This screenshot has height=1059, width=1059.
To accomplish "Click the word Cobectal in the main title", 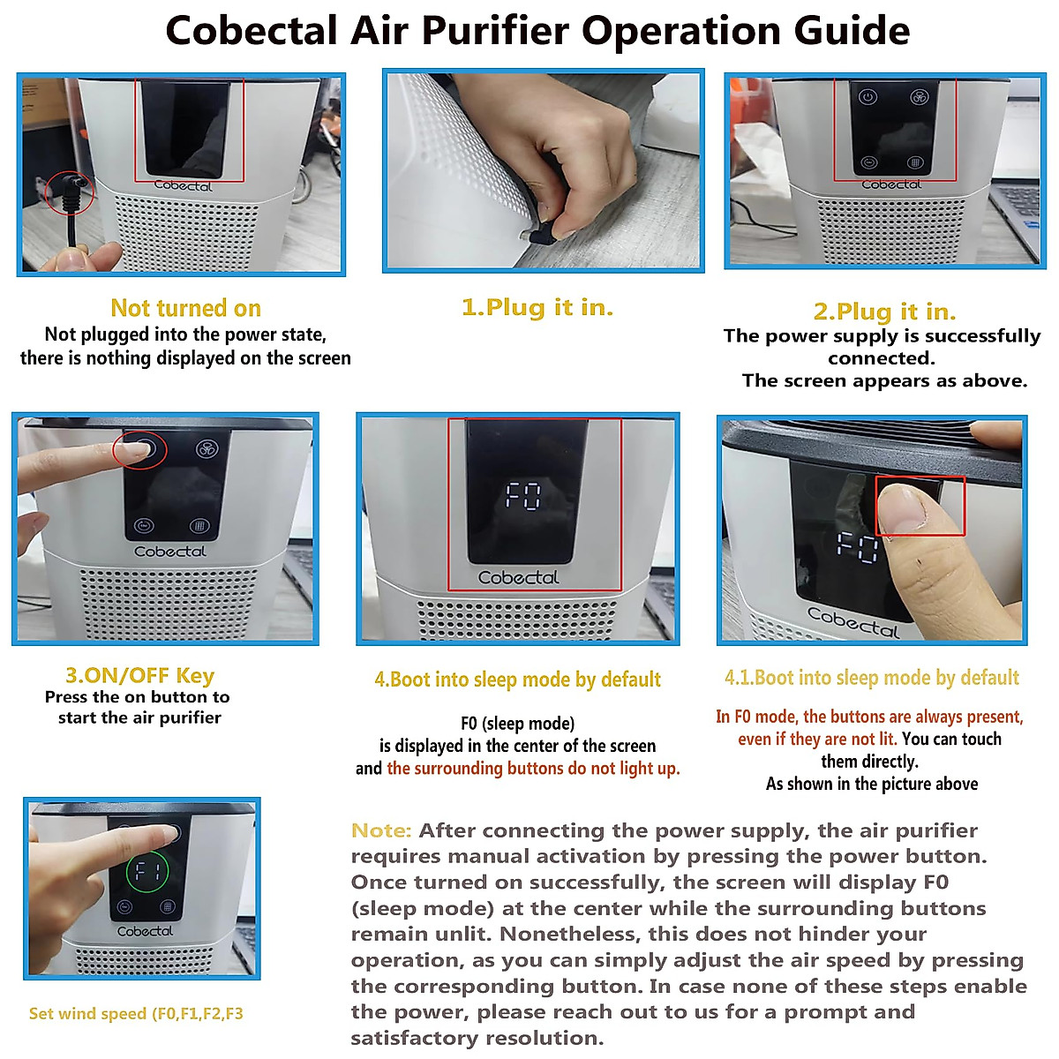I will tap(251, 31).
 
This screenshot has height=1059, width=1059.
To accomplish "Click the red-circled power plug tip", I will tap(70, 191).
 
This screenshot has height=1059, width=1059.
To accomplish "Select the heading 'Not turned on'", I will tap(185, 308).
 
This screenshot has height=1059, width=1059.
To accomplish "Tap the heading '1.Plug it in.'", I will tap(537, 307).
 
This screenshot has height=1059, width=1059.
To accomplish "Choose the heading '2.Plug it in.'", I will tap(884, 312).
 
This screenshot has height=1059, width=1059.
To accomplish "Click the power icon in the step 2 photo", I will tap(867, 97).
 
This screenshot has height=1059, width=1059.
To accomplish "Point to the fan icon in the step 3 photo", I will tap(207, 450).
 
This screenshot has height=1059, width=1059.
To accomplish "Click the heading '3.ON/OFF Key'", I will tap(139, 676).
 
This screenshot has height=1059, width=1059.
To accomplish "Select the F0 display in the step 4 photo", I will tap(522, 496).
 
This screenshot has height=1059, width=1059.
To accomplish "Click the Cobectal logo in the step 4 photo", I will tap(518, 578).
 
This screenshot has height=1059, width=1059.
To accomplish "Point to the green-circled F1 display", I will tap(146, 874).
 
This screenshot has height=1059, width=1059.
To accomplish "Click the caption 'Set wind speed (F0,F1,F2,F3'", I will tap(136, 1014).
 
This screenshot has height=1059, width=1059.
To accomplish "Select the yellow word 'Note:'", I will tap(381, 830).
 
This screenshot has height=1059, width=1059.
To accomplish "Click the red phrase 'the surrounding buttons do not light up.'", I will tap(533, 769).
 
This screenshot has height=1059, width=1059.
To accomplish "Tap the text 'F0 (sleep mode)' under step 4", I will tap(517, 724).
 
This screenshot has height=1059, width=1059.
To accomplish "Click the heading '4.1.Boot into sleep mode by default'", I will tap(871, 678).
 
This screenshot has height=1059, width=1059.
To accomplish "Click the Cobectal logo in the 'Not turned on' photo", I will tap(184, 185).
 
